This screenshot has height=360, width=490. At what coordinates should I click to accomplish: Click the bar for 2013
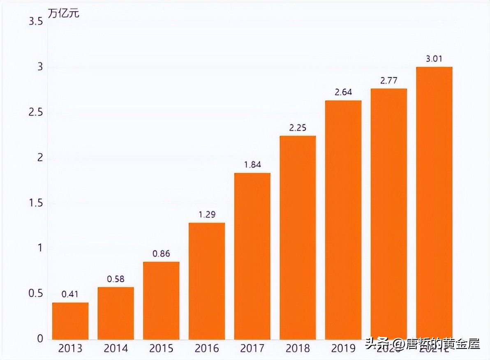click(70, 321)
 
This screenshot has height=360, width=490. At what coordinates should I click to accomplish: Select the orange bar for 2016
click(207, 281)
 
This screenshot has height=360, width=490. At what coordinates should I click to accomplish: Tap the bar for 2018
click(298, 238)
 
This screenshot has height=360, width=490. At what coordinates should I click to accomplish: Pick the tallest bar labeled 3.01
click(434, 203)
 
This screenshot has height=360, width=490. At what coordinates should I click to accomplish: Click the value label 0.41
click(70, 294)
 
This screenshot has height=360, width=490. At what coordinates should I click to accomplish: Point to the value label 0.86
click(161, 254)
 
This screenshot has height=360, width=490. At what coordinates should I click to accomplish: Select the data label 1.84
click(252, 165)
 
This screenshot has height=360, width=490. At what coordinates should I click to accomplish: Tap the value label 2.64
click(343, 92)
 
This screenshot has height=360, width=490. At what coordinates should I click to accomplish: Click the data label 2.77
click(388, 81)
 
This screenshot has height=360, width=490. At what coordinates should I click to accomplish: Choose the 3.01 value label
click(434, 59)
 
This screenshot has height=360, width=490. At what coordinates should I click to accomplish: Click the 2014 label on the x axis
click(116, 349)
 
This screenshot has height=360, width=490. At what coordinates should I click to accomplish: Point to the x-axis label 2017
click(252, 349)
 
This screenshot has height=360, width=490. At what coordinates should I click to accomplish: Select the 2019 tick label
click(343, 349)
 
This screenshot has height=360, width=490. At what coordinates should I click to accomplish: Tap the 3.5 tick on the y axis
click(36, 22)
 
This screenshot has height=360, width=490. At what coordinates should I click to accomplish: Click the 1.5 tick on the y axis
click(36, 203)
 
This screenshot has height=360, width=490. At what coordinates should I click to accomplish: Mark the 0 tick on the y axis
click(40, 339)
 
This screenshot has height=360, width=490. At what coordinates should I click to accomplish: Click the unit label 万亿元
click(64, 13)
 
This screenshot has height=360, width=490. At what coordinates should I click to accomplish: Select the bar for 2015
click(161, 300)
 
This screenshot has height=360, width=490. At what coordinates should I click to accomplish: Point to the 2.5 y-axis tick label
click(36, 113)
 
